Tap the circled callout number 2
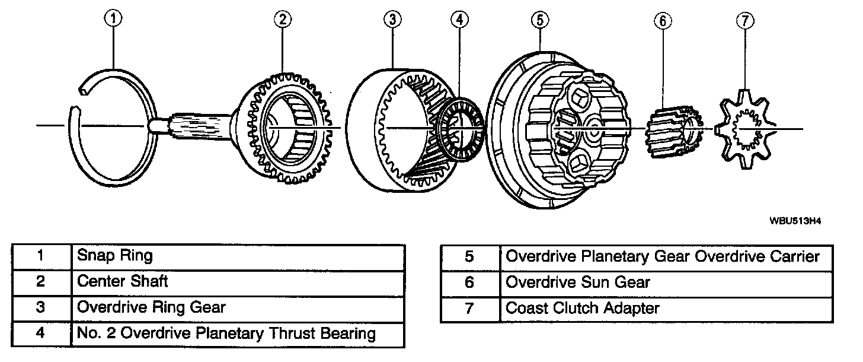coord(282,19)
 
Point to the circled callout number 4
coord(458,19)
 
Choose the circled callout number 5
coord(538,19)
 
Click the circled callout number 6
coord(663,21)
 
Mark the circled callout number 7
coord(744,21)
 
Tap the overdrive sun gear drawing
coord(673,134)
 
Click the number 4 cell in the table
coord(40,333)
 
